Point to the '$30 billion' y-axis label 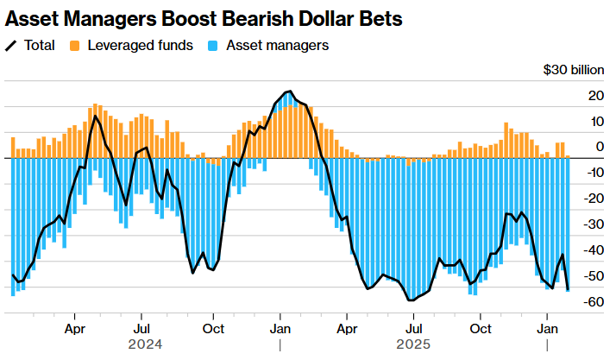[573, 70]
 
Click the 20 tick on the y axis [596, 96]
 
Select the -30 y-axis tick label [594, 224]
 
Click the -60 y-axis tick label [594, 302]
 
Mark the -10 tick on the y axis [594, 173]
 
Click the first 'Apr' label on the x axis [75, 329]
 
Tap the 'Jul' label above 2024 [142, 329]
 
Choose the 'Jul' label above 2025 [414, 329]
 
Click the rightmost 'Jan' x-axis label [547, 329]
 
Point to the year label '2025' [414, 344]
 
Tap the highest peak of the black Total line [289, 92]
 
